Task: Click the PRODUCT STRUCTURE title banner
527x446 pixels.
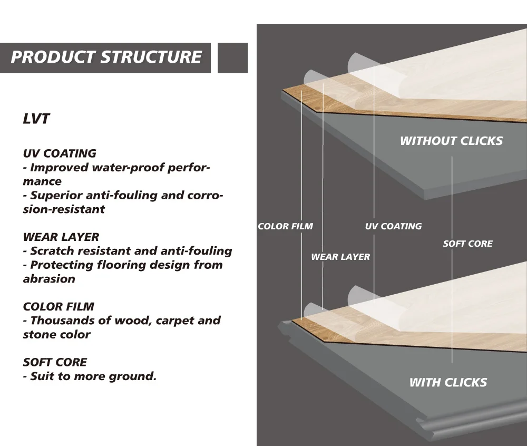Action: pos(105,57)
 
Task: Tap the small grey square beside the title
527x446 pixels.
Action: pos(232,57)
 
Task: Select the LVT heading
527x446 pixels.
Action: pos(36,119)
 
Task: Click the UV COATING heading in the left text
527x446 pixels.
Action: pos(60,153)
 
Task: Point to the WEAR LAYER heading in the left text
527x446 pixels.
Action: pos(61,237)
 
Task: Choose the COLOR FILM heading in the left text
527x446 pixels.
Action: pos(58,306)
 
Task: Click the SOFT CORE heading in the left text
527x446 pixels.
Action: pos(55,362)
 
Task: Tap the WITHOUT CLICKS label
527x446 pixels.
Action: pos(451,141)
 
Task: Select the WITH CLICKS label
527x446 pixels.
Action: pos(448,382)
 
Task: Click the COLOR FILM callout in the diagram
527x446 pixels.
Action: pos(285,227)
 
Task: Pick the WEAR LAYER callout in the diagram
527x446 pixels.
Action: pos(340,257)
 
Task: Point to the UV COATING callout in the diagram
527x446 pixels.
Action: pos(393,227)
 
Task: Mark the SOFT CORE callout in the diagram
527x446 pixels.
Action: pos(467,244)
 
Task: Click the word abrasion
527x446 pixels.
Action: pos(49,279)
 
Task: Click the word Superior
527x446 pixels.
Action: pos(55,196)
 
